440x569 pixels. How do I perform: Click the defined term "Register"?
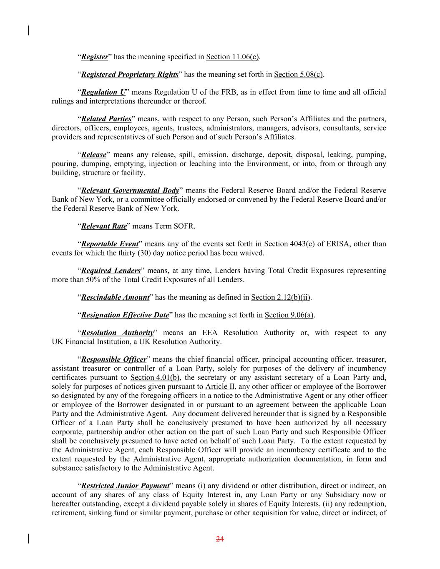point(95,57)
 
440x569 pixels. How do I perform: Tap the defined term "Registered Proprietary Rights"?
point(130,75)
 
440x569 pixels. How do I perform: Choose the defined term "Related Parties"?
point(106,119)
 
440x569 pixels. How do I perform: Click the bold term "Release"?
point(94,155)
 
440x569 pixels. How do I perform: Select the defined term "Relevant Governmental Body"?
point(130,191)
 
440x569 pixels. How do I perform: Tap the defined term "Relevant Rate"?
point(104,226)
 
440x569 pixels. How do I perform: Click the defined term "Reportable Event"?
point(110,244)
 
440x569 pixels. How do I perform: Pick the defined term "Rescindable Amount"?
point(115,298)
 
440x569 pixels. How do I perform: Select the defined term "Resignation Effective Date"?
point(125,315)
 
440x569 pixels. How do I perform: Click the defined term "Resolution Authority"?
point(118,333)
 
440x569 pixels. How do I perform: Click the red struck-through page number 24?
point(220,539)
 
